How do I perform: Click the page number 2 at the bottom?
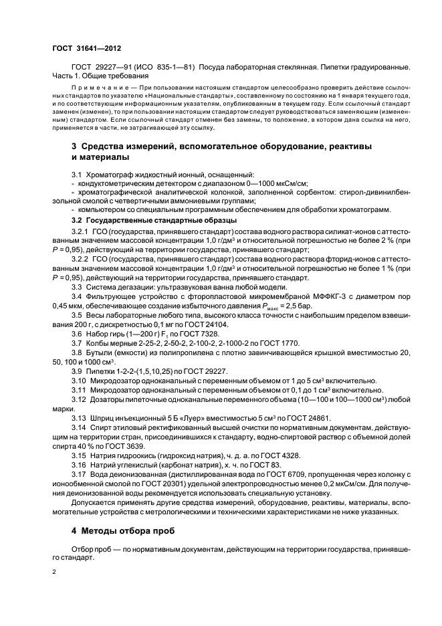(x=55, y=572)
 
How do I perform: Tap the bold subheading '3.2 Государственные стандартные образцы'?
(x=154, y=220)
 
